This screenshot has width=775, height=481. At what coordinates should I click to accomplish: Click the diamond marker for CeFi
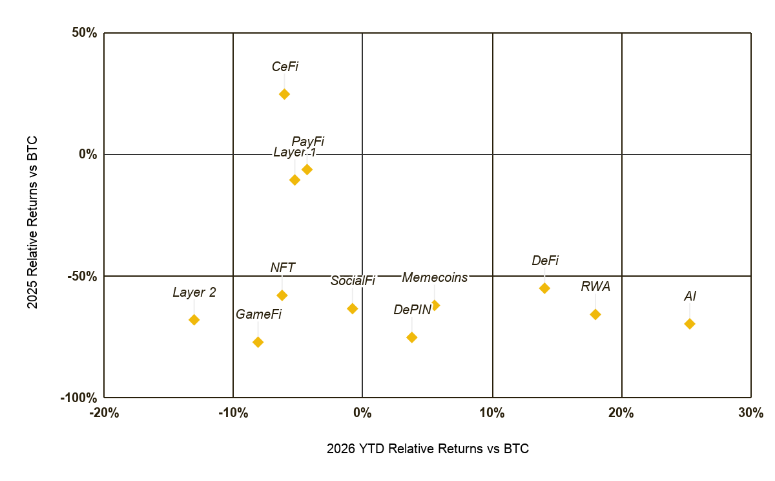(x=284, y=94)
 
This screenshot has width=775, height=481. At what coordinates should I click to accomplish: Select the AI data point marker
(x=690, y=324)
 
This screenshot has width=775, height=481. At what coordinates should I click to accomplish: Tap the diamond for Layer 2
(x=194, y=319)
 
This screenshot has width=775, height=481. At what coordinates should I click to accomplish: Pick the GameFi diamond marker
(x=258, y=342)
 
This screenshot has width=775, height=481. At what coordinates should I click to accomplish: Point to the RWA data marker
(x=595, y=314)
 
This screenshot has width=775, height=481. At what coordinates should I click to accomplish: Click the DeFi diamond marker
(x=544, y=288)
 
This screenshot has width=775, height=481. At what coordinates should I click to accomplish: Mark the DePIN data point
(x=412, y=337)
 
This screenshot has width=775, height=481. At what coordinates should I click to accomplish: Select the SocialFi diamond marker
(x=352, y=308)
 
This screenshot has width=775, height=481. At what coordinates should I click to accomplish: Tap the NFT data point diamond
(x=282, y=295)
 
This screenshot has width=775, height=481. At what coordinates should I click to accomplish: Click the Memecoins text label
(x=435, y=278)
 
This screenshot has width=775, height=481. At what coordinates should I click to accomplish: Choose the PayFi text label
(x=307, y=142)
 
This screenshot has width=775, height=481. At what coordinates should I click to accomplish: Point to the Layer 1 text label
(x=294, y=152)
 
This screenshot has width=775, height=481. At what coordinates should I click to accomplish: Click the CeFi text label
(x=285, y=67)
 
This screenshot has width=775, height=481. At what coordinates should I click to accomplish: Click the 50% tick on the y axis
(x=85, y=33)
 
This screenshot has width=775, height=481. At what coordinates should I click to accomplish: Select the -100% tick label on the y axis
(x=79, y=398)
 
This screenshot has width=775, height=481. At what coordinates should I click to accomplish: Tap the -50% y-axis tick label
(x=83, y=277)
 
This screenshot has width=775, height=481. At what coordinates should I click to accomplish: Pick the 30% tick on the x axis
(x=750, y=412)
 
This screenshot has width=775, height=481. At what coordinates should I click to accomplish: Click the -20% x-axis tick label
(x=104, y=412)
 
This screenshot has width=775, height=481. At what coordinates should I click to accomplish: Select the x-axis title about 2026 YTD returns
(x=428, y=449)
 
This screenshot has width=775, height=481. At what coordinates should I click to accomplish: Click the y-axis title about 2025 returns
(x=32, y=222)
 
